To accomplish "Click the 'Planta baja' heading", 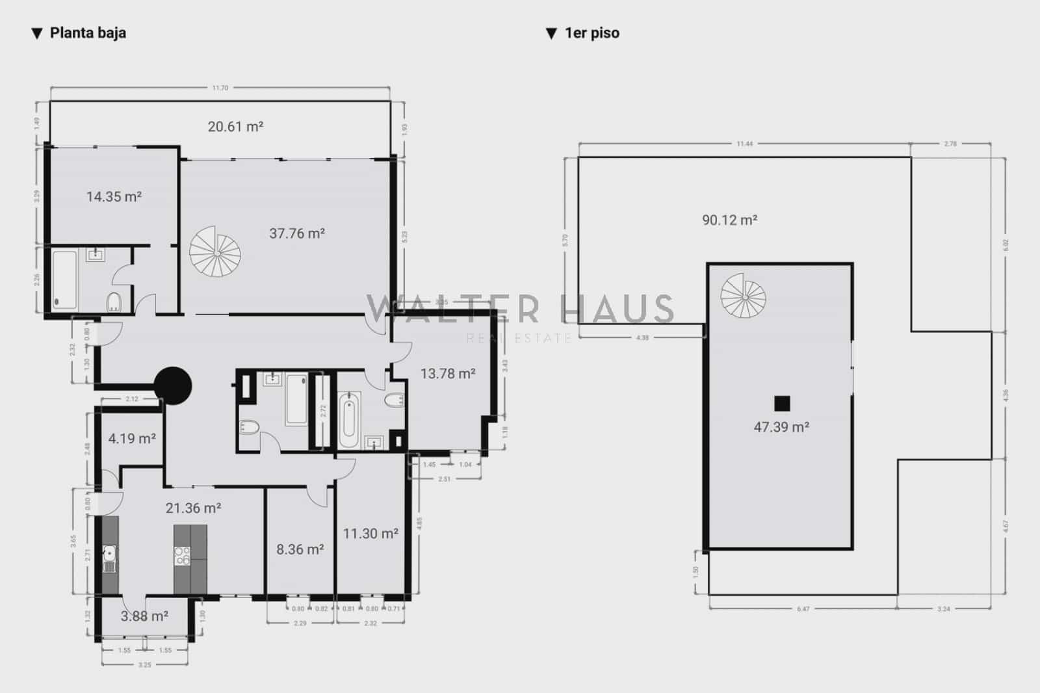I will [88, 33].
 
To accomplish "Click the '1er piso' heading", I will [591, 33].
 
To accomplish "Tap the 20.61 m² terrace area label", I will [235, 127].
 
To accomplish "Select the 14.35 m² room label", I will [114, 196].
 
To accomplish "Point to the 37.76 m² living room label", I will [297, 233].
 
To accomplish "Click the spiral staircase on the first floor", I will [744, 296].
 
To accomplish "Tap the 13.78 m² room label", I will [448, 374].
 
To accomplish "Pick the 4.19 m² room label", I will [132, 439].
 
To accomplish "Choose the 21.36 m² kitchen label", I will [193, 508].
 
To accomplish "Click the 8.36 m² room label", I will [300, 550].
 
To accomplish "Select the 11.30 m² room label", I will [370, 534].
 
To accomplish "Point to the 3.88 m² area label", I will [144, 616].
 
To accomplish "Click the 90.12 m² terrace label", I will [729, 220].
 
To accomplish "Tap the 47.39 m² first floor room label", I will [781, 427].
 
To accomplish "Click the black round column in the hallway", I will [172, 386].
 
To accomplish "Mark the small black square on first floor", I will [782, 404].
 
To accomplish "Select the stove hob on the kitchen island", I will [182, 555].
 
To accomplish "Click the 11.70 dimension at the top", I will [220, 88].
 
